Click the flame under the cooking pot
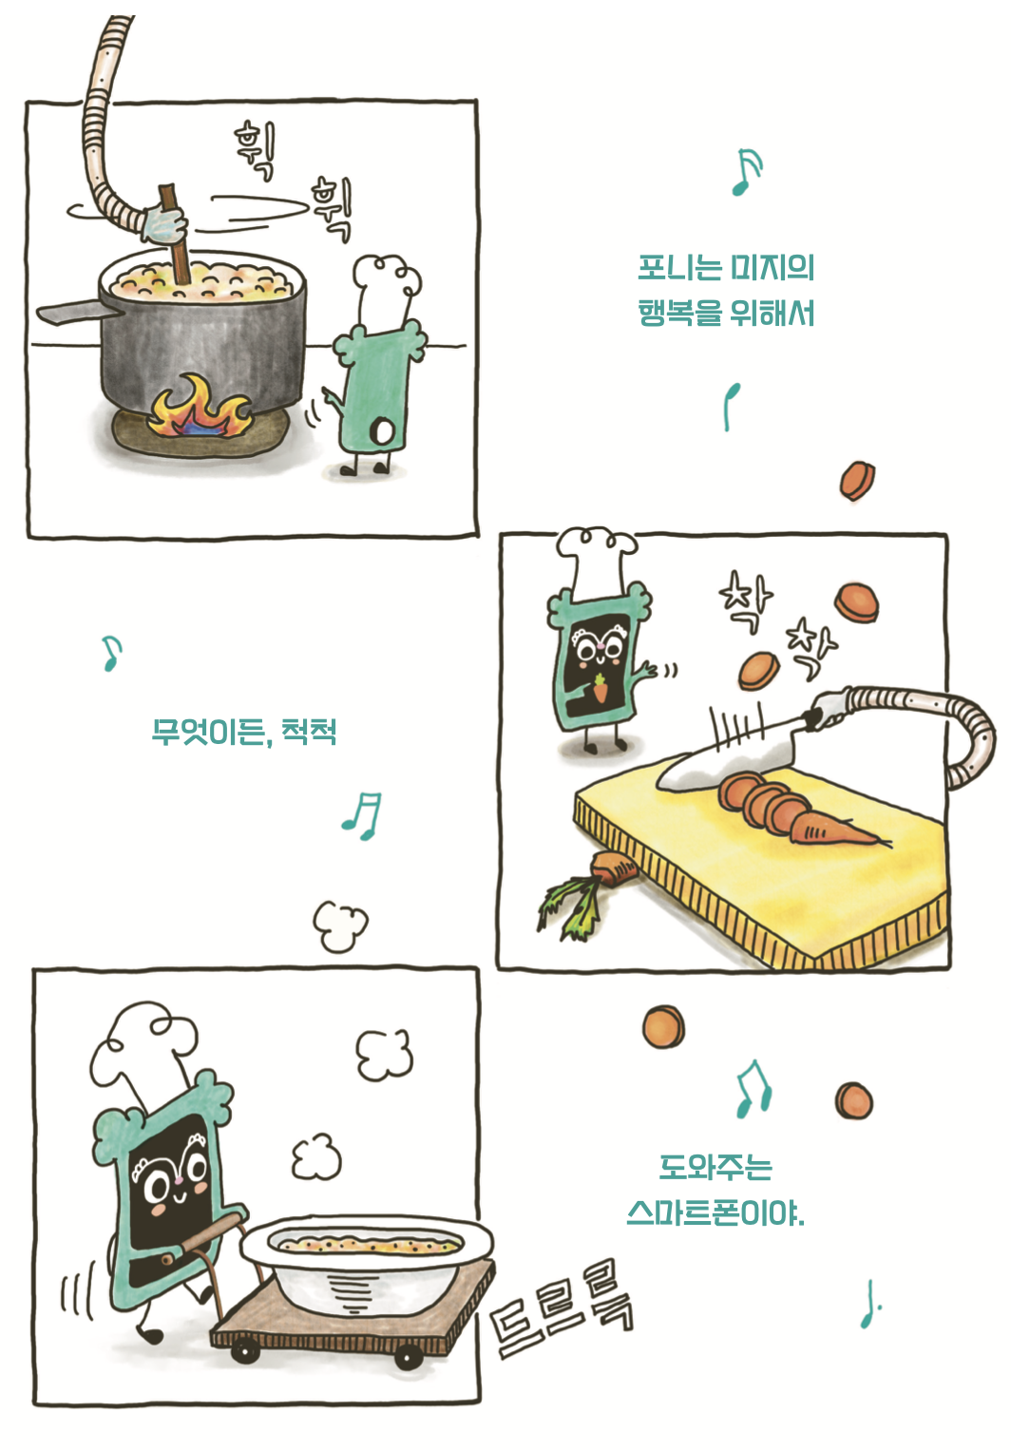200,409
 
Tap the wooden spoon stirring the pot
175,233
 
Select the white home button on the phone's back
383,432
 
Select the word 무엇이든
209,732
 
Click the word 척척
310,731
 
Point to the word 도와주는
715,1167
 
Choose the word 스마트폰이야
715,1212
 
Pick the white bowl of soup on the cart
366,1264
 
